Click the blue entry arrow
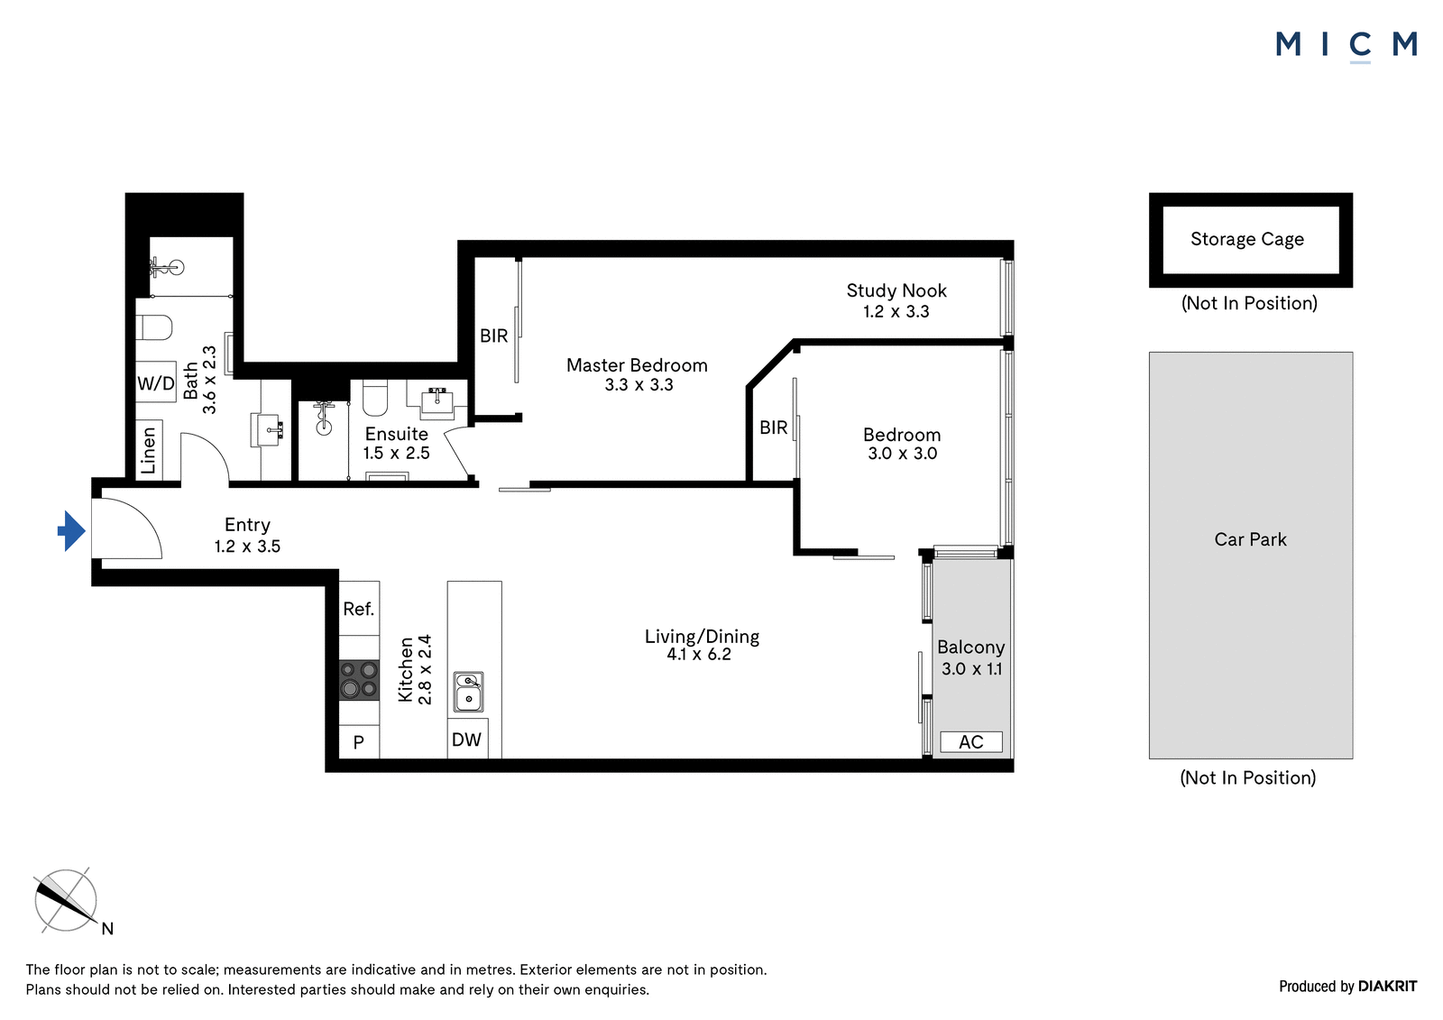tap(71, 531)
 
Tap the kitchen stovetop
tap(360, 680)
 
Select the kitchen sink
tap(468, 692)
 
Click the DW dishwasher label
tap(466, 739)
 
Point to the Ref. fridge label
tap(358, 609)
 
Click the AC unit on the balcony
tap(970, 741)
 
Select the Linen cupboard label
tap(148, 450)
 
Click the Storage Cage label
tap(1247, 239)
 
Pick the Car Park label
tap(1250, 539)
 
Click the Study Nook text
tap(896, 290)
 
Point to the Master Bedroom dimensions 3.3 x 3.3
tap(639, 385)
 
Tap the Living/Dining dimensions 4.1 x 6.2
tap(699, 655)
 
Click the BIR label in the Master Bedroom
tap(494, 335)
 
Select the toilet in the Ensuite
tap(375, 398)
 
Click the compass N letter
tap(107, 929)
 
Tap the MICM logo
tap(1346, 45)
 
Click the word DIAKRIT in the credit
tap(1388, 987)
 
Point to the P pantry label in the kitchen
tap(359, 742)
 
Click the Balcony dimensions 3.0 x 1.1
tap(971, 669)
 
